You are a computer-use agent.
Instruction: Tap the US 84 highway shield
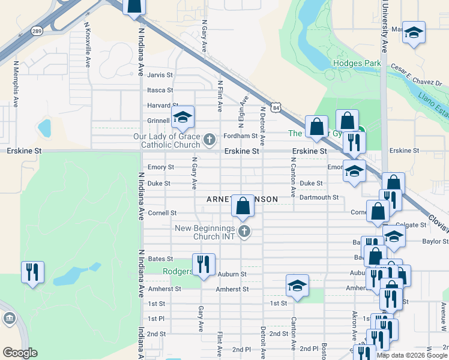click(x=276, y=107)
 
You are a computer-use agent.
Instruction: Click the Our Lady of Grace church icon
click(x=209, y=140)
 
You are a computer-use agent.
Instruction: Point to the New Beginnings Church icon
click(x=244, y=232)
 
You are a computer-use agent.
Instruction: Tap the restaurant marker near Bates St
click(x=203, y=265)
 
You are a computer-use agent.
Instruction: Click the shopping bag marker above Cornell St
click(x=243, y=206)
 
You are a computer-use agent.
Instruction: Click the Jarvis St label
click(x=160, y=75)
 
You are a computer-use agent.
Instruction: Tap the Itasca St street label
click(x=160, y=90)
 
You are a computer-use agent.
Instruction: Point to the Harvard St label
click(x=159, y=106)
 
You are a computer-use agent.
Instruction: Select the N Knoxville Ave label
click(x=88, y=45)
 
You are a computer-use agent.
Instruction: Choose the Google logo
click(x=20, y=352)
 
